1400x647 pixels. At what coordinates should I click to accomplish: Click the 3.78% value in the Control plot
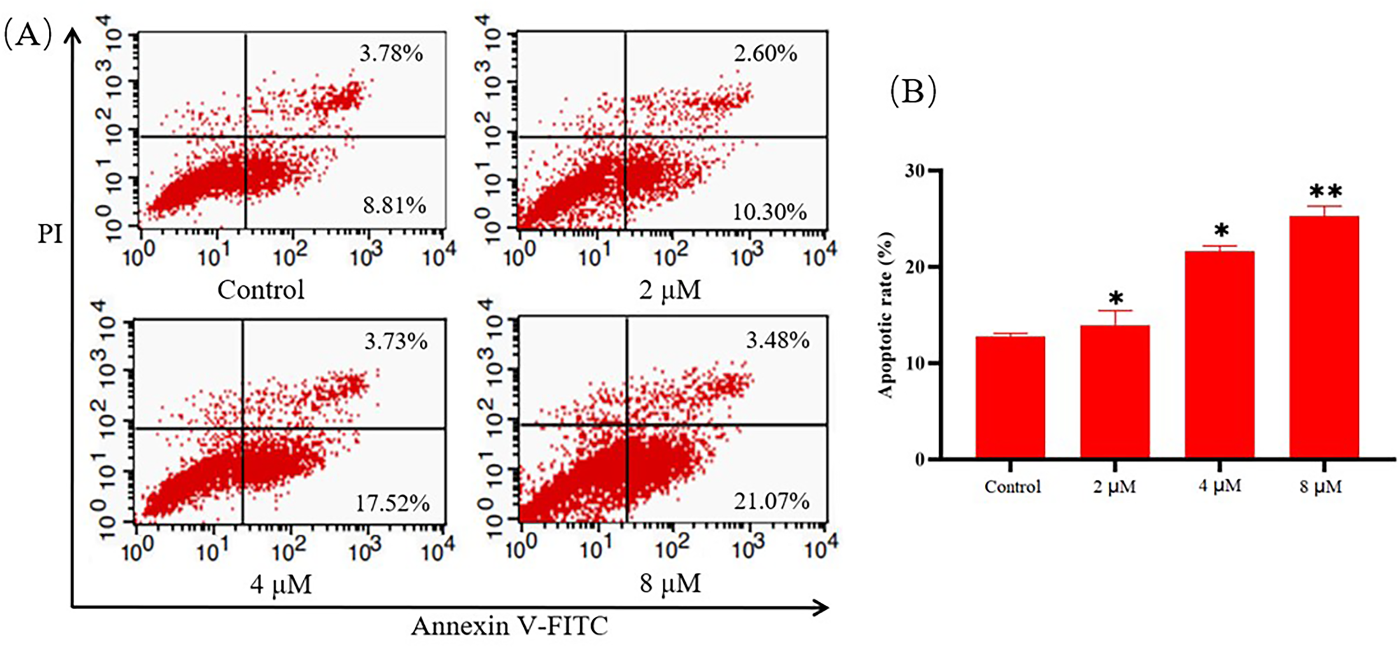tap(391, 54)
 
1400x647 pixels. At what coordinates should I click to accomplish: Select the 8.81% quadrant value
tap(395, 205)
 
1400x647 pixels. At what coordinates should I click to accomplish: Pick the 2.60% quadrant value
tap(766, 54)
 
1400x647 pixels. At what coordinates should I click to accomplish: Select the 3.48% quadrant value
tap(778, 341)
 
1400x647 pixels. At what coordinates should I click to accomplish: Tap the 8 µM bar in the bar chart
tap(1324, 338)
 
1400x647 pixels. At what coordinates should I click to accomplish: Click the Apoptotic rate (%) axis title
tap(886, 315)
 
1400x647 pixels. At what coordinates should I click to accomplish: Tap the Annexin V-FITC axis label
tap(509, 626)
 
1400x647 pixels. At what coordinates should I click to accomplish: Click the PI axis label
tap(50, 234)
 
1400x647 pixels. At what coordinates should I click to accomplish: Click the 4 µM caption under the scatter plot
tap(281, 585)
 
